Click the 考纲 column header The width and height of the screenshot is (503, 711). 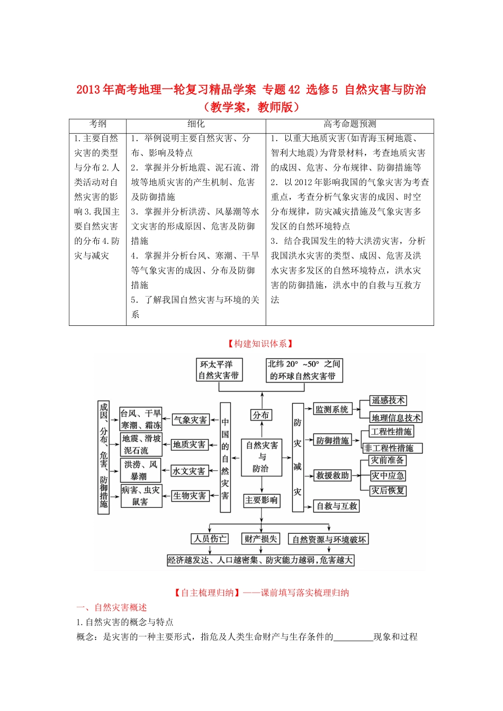click(97, 124)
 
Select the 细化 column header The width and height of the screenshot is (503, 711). click(196, 124)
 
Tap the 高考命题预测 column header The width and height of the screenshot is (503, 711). click(349, 124)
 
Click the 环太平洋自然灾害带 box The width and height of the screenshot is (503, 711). click(219, 370)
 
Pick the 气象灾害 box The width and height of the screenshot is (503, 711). click(190, 420)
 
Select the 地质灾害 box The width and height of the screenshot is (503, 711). click(189, 445)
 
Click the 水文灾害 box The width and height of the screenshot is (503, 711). click(188, 471)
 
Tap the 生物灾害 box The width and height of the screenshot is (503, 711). click(189, 496)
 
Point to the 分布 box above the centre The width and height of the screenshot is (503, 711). click(261, 415)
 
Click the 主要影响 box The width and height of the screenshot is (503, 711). click(261, 500)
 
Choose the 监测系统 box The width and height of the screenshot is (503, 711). click(332, 409)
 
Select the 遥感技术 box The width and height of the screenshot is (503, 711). click(388, 401)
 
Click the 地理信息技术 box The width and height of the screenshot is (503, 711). click(396, 418)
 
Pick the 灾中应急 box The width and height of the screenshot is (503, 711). click(388, 476)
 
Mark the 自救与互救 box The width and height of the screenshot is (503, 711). click(337, 506)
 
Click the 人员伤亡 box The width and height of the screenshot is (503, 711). click(210, 539)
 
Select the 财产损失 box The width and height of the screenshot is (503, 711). click(261, 539)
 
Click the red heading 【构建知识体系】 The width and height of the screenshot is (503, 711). click(261, 344)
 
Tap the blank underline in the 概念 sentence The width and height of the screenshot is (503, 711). click(353, 637)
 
